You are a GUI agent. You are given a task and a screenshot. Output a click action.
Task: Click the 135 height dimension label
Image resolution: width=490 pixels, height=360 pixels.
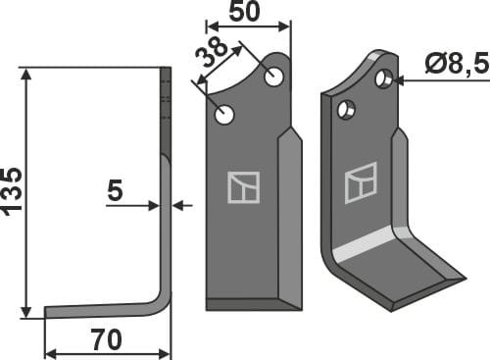(x=13, y=190)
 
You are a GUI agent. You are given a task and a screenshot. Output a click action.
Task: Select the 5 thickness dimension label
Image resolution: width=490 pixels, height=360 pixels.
(x=115, y=191)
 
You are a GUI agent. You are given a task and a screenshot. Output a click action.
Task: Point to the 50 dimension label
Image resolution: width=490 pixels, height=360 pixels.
(x=246, y=13)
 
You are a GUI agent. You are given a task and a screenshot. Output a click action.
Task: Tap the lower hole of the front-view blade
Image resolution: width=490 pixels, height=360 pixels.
(x=225, y=115)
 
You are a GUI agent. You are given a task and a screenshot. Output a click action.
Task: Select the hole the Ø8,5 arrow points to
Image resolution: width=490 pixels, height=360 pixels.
(x=385, y=77)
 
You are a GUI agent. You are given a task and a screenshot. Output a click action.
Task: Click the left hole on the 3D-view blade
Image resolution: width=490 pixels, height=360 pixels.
(x=346, y=110)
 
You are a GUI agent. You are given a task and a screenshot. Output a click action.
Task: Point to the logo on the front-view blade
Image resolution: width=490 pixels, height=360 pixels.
(x=242, y=186)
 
